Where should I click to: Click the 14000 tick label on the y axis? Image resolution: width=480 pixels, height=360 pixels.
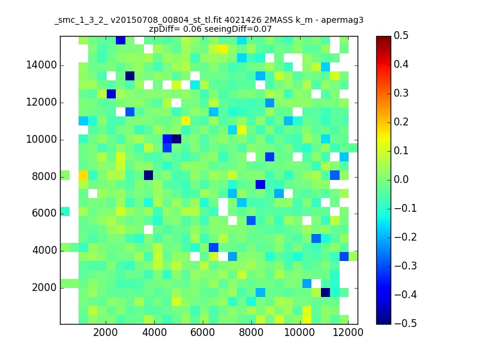tap(41, 65)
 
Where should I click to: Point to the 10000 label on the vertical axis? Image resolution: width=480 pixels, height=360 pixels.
tap(41, 140)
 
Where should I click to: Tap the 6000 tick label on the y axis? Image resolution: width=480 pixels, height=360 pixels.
tap(44, 214)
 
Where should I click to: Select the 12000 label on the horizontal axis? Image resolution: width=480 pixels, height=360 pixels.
tap(348, 332)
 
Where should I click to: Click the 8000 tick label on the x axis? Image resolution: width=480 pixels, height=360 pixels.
tap(251, 332)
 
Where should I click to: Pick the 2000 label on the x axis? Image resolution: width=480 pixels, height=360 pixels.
tap(106, 332)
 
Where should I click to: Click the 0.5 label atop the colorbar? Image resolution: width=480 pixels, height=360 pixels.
tap(401, 35)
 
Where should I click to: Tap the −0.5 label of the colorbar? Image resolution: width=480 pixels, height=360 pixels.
tap(406, 323)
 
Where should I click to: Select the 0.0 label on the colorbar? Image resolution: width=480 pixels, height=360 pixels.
tap(401, 179)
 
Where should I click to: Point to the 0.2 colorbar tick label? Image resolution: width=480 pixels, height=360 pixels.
tap(401, 122)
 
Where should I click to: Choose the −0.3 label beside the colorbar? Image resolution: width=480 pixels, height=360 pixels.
tap(406, 266)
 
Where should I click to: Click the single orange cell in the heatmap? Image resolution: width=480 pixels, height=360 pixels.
tap(83, 175)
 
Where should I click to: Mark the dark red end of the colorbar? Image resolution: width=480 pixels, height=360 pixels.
tap(383, 38)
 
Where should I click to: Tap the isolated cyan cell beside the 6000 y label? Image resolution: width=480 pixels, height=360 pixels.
tap(65, 212)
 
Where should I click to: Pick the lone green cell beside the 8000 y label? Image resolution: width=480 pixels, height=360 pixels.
tap(65, 175)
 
